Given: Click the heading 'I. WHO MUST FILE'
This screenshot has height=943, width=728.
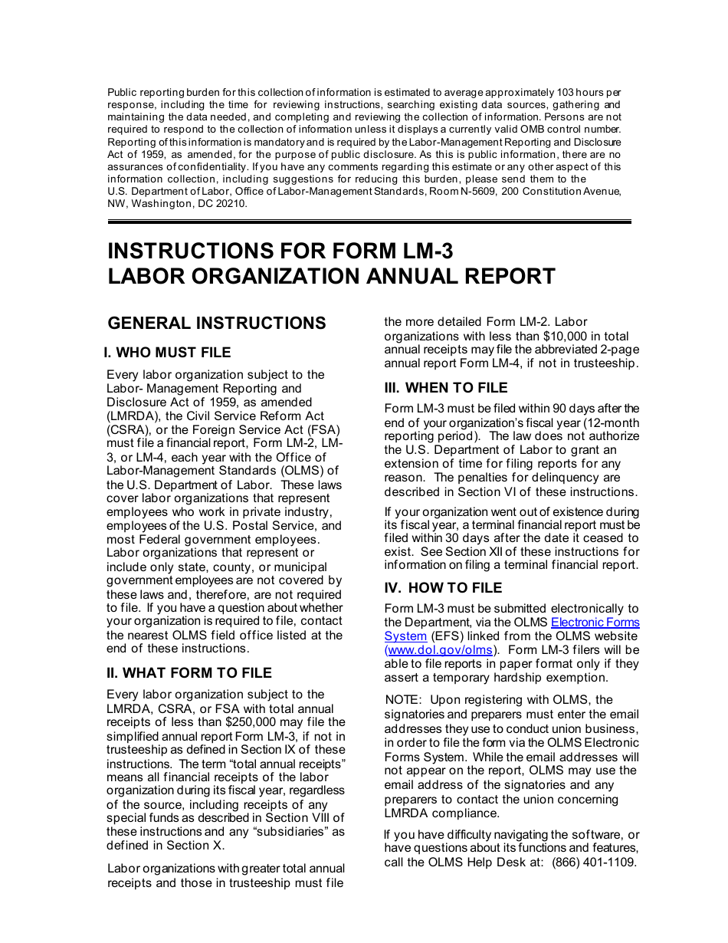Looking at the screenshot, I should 167,353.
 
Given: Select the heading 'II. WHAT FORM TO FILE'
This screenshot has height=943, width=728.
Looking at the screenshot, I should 189,673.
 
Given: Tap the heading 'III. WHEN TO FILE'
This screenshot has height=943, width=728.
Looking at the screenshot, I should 446,388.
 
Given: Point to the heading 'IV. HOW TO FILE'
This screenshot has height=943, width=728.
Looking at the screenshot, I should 443,588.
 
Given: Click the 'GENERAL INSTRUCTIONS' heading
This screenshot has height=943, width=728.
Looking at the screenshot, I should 217,323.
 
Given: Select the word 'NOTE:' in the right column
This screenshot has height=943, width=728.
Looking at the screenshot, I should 404,700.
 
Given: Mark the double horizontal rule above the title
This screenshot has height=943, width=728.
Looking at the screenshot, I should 369,222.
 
